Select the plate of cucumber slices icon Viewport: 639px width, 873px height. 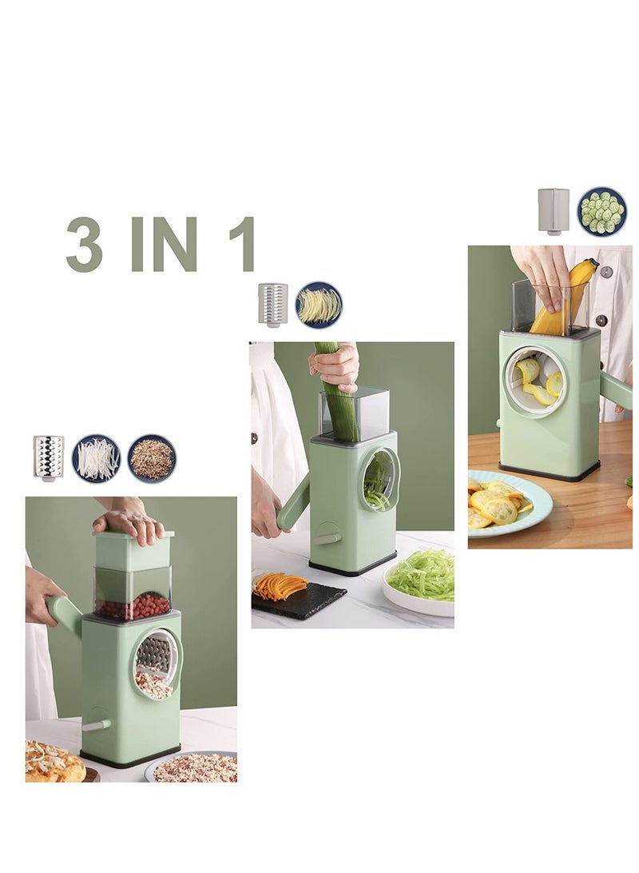(602, 211)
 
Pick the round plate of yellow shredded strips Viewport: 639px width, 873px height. (319, 305)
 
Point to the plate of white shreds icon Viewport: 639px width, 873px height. (97, 459)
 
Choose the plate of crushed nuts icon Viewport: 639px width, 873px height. (152, 458)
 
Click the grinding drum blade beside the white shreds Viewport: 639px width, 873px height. (49, 457)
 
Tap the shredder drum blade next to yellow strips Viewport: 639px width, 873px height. (273, 304)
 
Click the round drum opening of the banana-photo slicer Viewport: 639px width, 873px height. (535, 381)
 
